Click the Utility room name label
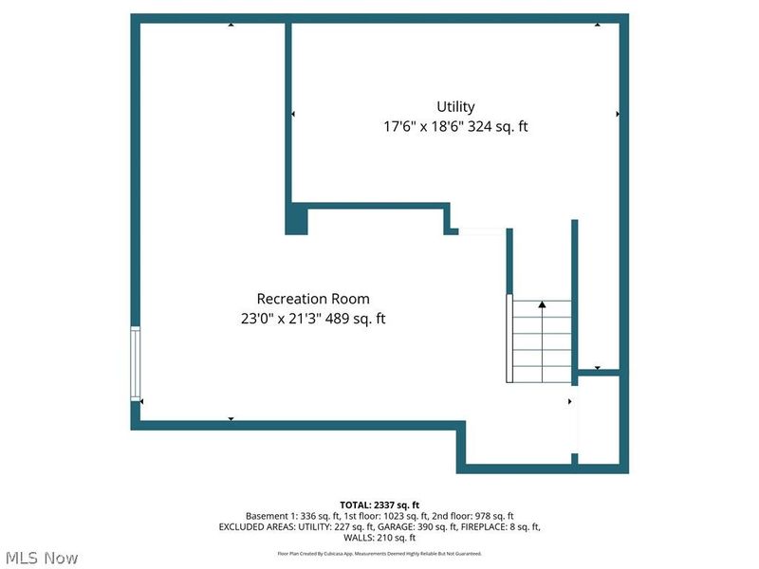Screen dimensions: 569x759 (455, 107)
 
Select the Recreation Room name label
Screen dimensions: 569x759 (313, 299)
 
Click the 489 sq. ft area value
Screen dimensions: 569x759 (356, 319)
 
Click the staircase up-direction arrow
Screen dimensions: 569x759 (542, 305)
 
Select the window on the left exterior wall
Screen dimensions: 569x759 (135, 362)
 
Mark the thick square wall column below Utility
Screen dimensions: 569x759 (297, 218)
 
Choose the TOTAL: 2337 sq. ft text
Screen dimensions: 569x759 (379, 505)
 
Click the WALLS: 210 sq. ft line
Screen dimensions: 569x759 (379, 537)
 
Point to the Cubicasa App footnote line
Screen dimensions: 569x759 (379, 553)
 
